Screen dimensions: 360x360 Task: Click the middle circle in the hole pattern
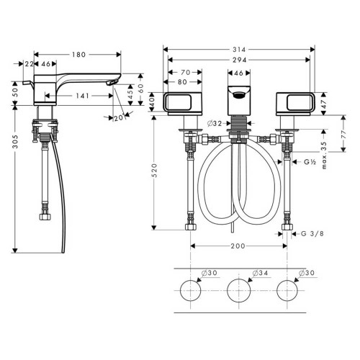click(x=239, y=292)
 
